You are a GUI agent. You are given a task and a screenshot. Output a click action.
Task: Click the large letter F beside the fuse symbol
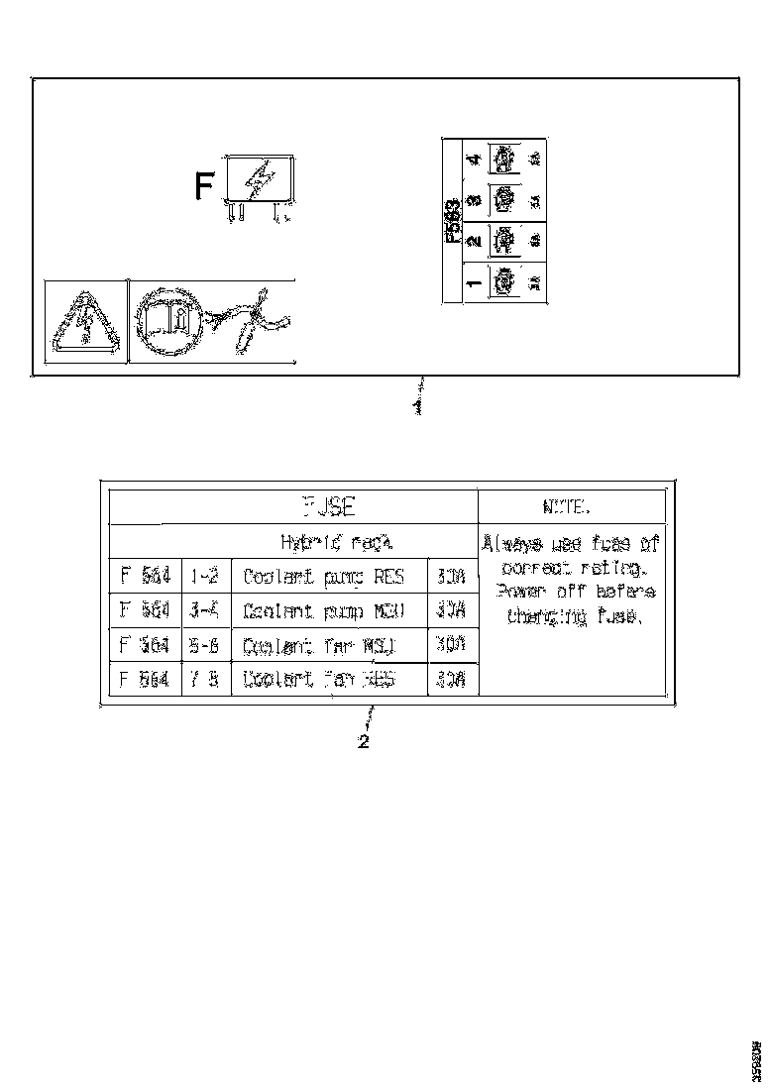(203, 186)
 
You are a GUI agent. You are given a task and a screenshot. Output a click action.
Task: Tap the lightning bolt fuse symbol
(261, 180)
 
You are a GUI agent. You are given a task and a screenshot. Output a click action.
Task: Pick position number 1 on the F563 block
(474, 282)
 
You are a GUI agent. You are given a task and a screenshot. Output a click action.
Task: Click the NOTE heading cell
(567, 506)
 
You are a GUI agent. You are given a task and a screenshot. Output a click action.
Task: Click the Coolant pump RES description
(324, 578)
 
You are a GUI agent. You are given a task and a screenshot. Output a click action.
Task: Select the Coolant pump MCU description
(324, 610)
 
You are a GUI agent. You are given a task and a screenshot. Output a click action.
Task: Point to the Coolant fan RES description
(319, 680)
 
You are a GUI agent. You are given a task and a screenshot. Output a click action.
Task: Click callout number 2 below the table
(364, 742)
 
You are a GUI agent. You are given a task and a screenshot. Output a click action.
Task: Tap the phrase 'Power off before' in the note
(569, 593)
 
